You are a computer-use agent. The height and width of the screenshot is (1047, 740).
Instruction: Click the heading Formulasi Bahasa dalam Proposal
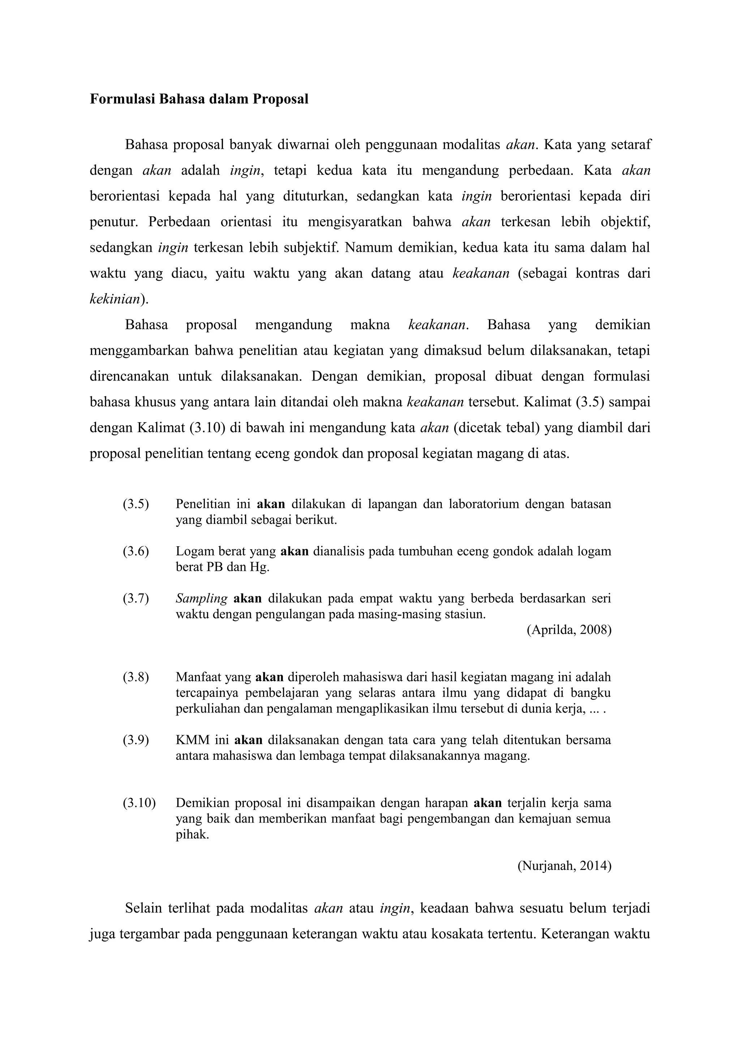tap(199, 99)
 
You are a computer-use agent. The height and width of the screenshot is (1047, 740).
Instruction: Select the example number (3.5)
tap(135, 504)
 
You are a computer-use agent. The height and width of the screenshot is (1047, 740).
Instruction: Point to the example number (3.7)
tap(135, 598)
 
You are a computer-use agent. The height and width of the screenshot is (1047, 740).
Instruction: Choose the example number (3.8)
tap(135, 677)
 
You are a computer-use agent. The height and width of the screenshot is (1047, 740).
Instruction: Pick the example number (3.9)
tap(135, 740)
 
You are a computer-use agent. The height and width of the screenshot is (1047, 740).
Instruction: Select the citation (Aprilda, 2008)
tap(569, 630)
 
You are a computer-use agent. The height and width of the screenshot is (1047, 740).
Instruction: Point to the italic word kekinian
tap(115, 299)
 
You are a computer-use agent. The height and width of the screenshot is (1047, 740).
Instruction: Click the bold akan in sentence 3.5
tap(271, 504)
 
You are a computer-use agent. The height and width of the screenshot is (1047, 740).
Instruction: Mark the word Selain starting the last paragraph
tap(143, 908)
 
